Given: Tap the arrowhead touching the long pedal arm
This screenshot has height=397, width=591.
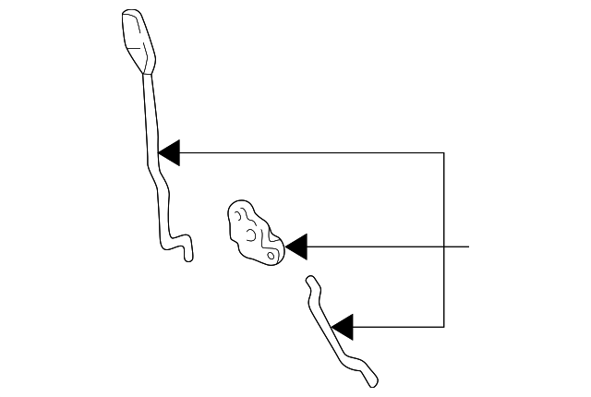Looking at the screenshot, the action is pos(170,152).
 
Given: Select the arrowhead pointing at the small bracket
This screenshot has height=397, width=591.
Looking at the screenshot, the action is pos(296,247).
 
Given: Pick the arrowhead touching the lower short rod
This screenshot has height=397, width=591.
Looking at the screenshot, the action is pos(342,326).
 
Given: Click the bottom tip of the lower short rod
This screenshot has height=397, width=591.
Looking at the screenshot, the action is pos(373,381).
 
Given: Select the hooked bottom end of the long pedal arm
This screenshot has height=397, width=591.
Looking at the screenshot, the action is pos(187,253).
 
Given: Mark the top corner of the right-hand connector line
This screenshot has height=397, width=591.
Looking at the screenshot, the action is pos(444,152).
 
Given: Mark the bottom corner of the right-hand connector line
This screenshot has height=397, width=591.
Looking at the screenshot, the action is pos(444,326).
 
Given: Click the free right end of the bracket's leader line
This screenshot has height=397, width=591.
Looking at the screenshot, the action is pos(469,247).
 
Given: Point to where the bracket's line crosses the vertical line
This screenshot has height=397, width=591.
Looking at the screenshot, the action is pos(444,247).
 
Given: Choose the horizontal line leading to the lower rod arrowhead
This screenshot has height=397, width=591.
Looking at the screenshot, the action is pos(397,326).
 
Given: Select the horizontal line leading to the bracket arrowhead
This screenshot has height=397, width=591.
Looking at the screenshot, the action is pos(369,247).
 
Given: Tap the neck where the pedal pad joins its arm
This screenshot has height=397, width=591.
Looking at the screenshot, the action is pos(145,74).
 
